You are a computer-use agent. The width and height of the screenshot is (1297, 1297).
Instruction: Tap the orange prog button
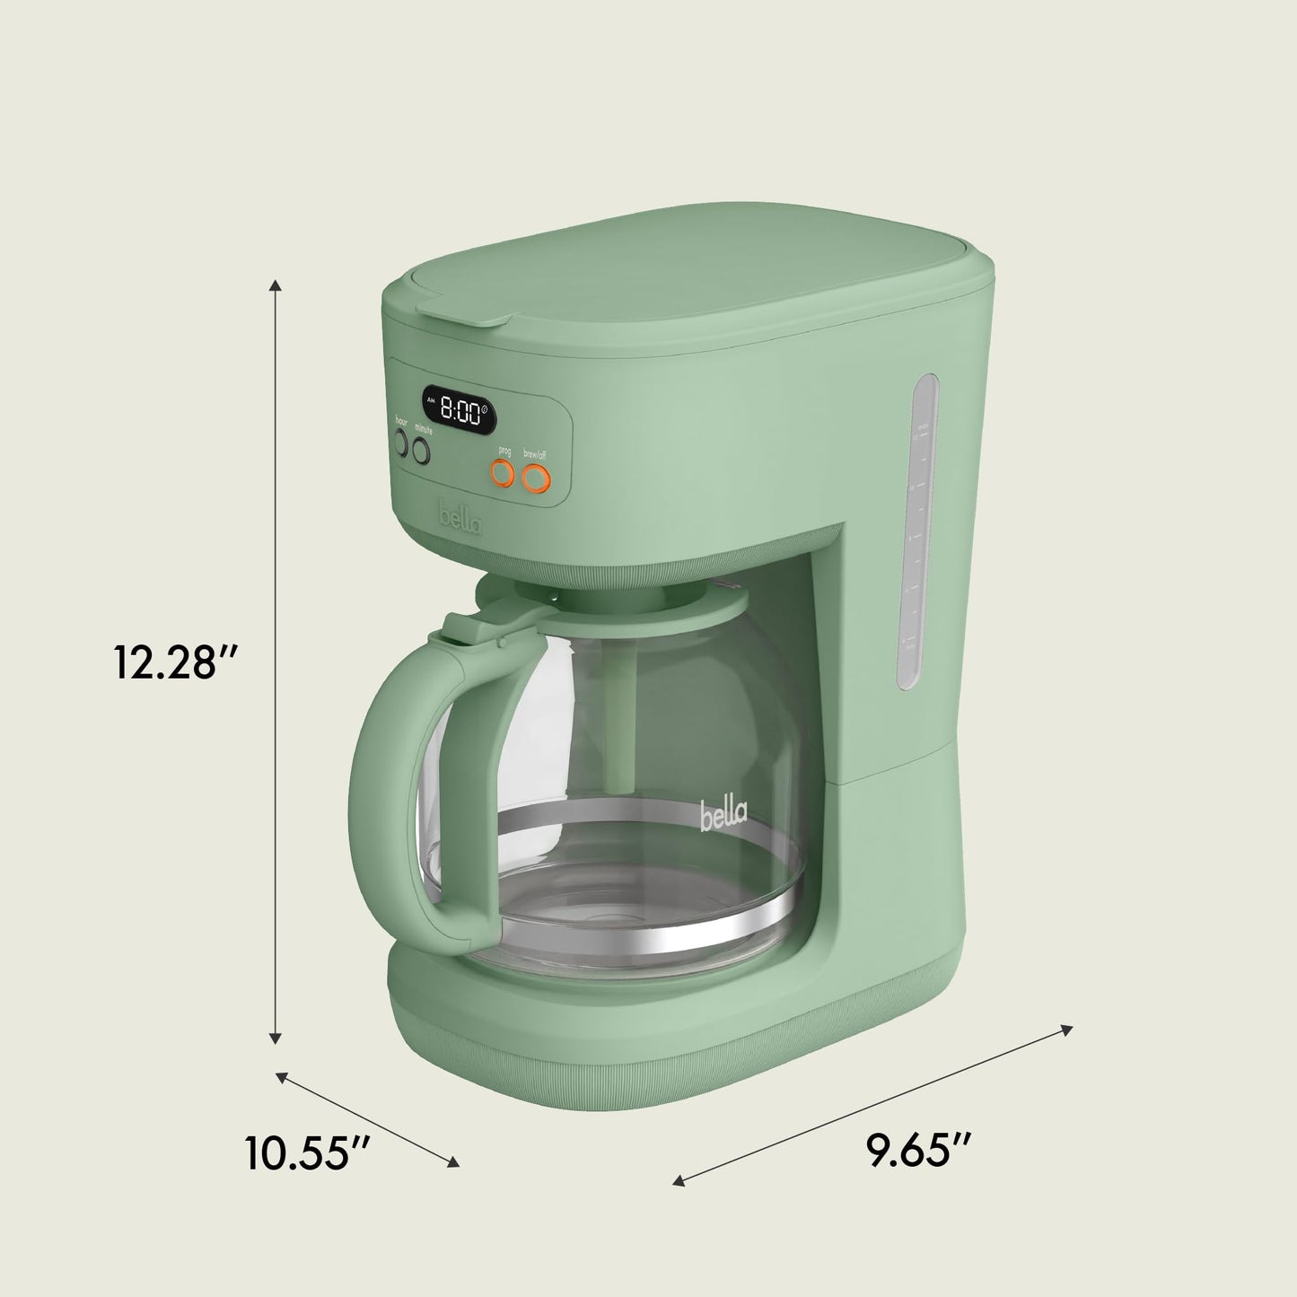point(502,474)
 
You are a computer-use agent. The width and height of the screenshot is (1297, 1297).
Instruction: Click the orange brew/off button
point(535,478)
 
